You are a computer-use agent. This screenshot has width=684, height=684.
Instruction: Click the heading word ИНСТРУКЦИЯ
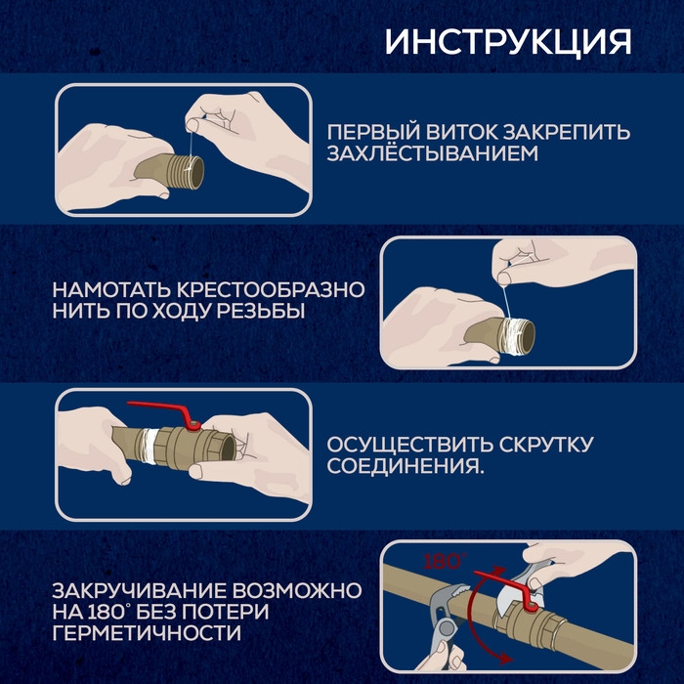(507, 42)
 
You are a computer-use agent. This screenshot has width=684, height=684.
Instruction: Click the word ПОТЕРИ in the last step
(234, 614)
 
